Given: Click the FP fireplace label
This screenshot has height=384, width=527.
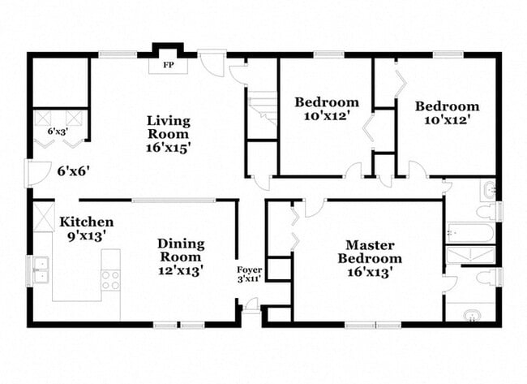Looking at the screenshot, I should click(169, 64).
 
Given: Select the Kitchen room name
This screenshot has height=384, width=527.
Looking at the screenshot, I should click(86, 222).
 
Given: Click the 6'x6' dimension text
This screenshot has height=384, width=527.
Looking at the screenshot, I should click(73, 171).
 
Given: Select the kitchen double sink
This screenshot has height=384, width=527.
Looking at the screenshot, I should click(41, 268).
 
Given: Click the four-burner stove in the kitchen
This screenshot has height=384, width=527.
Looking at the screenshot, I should click(110, 279).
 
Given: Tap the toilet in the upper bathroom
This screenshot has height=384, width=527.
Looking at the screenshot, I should click(487, 212).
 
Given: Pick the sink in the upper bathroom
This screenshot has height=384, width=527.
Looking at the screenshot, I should click(488, 190).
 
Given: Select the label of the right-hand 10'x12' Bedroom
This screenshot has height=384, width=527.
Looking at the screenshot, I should click(447, 112).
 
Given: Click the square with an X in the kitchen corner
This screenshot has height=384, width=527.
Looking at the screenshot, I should click(43, 216).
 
